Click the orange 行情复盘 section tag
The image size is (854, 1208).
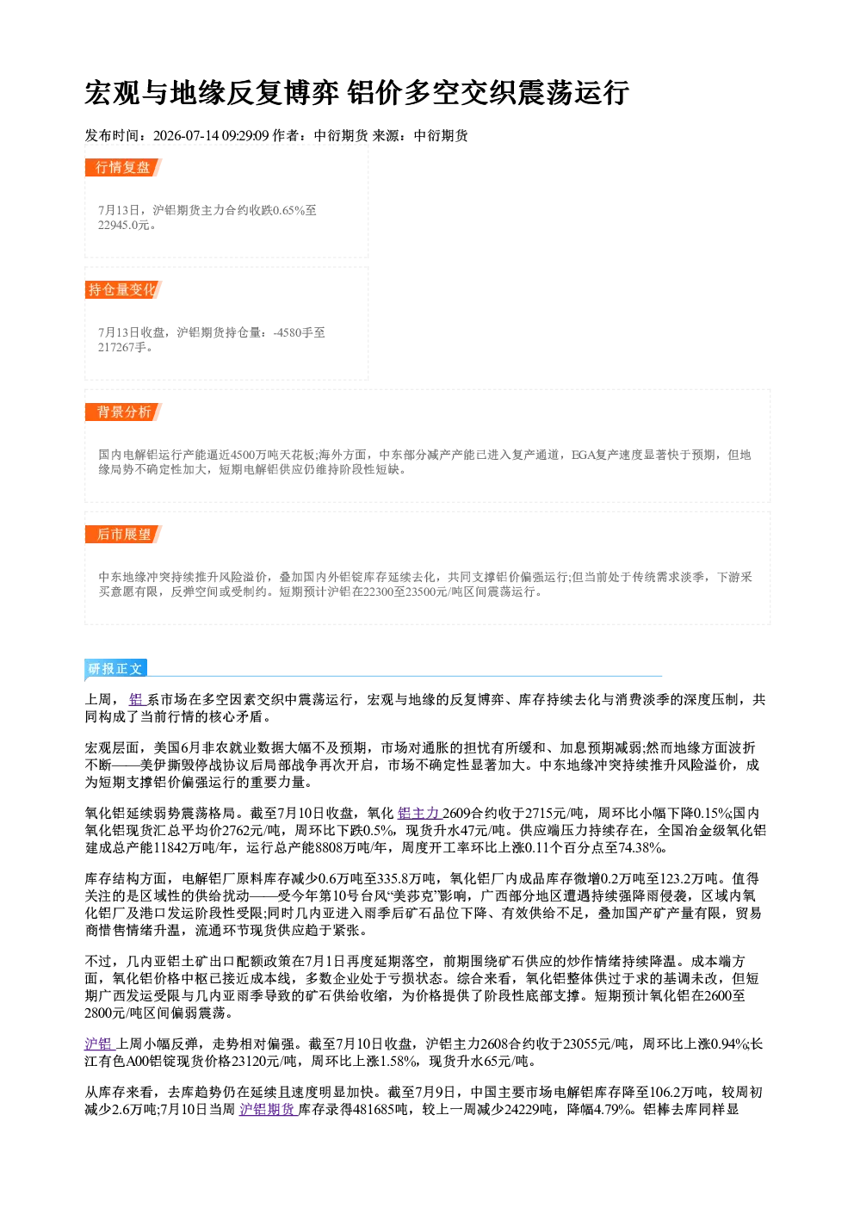tap(123, 167)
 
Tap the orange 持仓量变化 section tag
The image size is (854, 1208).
tap(123, 289)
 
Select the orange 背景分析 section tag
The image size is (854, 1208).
tap(123, 412)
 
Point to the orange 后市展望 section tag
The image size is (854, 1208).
tap(123, 535)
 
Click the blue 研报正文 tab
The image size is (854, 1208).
tap(115, 669)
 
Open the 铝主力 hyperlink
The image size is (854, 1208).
tap(419, 814)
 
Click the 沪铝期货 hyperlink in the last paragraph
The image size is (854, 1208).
tap(269, 1109)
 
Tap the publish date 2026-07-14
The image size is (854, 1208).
tap(186, 136)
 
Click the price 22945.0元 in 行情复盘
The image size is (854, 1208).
tap(123, 226)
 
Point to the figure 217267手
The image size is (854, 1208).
tap(122, 348)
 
